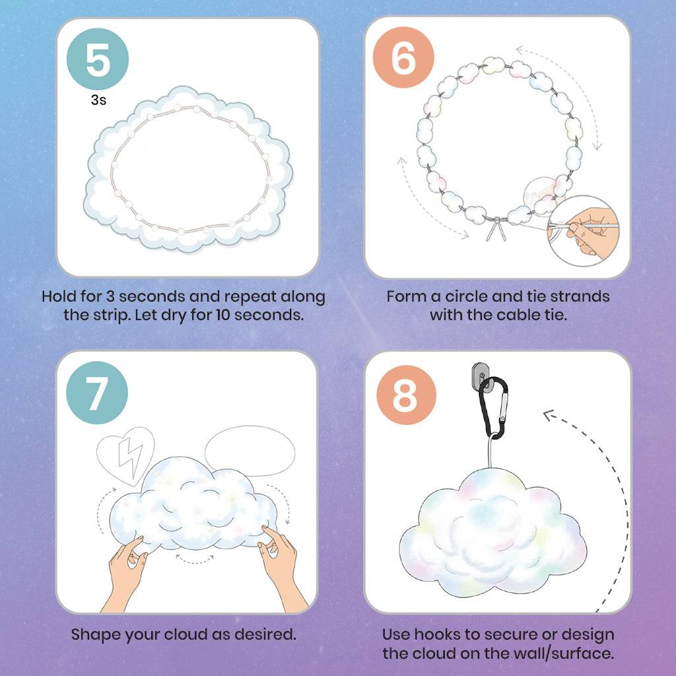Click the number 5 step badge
(98, 59)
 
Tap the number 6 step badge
(403, 57)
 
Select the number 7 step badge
(97, 393)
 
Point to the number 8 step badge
(406, 395)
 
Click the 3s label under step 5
(98, 100)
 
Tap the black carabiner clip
(494, 408)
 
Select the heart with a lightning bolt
(125, 455)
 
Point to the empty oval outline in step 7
(250, 451)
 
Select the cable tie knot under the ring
(496, 229)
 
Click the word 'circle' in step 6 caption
(467, 296)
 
